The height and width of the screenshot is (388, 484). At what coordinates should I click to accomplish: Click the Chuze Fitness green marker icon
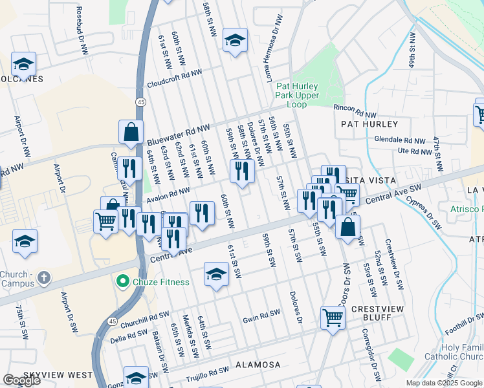point(121,282)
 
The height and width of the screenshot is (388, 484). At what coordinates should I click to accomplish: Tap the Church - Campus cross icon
point(43,278)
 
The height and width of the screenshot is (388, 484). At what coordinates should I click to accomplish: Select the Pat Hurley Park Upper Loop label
point(300,94)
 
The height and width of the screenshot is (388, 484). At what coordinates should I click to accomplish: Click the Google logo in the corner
point(21,380)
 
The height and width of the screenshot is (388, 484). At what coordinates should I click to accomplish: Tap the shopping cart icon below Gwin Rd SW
point(333,318)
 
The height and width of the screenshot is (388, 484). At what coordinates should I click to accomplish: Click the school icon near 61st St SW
point(216,274)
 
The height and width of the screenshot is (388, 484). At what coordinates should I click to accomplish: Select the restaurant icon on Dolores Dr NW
point(243,171)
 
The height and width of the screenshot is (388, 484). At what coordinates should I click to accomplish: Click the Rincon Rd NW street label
point(355,109)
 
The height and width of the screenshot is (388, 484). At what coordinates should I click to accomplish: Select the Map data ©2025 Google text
point(443,383)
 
